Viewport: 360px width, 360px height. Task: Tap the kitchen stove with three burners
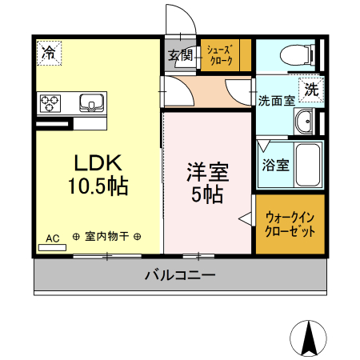(51, 102)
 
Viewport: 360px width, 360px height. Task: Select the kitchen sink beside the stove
(90, 102)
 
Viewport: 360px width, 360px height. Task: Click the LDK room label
(98, 163)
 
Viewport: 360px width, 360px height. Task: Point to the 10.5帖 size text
(98, 187)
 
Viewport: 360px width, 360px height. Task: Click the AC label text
(53, 238)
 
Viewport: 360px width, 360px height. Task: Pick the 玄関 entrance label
(180, 56)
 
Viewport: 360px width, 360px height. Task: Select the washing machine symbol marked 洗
(310, 89)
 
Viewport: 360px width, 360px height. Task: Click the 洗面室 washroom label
(276, 101)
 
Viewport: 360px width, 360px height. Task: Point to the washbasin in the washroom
(305, 122)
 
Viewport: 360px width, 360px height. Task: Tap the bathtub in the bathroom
(307, 166)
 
